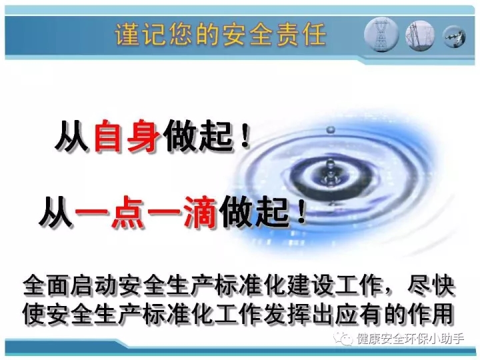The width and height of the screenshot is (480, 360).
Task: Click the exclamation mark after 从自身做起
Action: pos(244,137)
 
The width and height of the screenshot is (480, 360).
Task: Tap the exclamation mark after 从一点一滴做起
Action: pos(301,212)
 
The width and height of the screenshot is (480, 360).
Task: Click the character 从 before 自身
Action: pos(72,136)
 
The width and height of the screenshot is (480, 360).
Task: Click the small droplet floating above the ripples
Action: pos(331,130)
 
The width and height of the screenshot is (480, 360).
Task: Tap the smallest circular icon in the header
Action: pos(455,37)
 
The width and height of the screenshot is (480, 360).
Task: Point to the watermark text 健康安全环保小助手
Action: pos(410,339)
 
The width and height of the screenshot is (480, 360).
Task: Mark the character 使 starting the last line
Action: pos(33,314)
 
